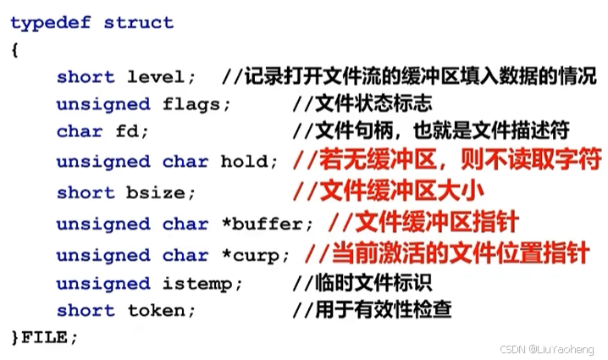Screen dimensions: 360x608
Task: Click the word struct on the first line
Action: pos(139,23)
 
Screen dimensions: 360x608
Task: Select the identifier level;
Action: pos(162,77)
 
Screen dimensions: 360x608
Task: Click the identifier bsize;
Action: pos(162,192)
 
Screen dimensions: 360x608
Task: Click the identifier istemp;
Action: pos(204,283)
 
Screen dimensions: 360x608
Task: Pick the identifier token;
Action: pos(162,310)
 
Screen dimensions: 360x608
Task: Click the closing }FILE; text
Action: pos(44,336)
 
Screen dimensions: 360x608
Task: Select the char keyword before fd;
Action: pos(80,132)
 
